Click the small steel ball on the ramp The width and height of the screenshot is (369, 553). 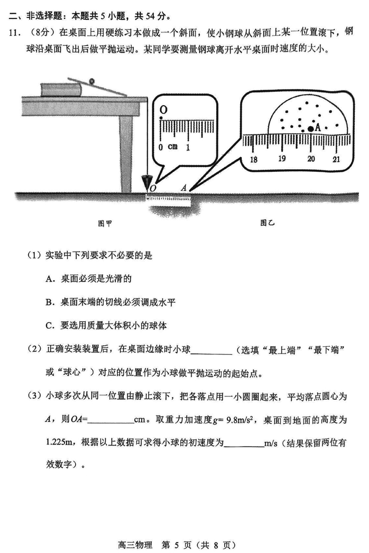[92, 81]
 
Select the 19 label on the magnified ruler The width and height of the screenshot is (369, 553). [282, 159]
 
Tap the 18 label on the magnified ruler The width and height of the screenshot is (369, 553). [253, 159]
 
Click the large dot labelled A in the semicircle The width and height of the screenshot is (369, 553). [311, 129]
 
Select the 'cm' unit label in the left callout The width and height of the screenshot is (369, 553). [173, 147]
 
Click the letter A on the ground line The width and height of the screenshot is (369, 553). [184, 188]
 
